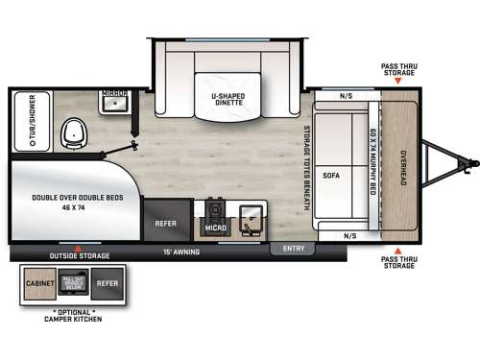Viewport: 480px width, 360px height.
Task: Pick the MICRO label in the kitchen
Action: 215,228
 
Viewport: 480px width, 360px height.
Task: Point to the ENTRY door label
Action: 292,249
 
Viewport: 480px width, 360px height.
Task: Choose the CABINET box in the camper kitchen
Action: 41,285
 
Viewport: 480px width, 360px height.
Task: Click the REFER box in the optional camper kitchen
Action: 108,285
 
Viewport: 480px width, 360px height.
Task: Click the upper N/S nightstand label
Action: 347,96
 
